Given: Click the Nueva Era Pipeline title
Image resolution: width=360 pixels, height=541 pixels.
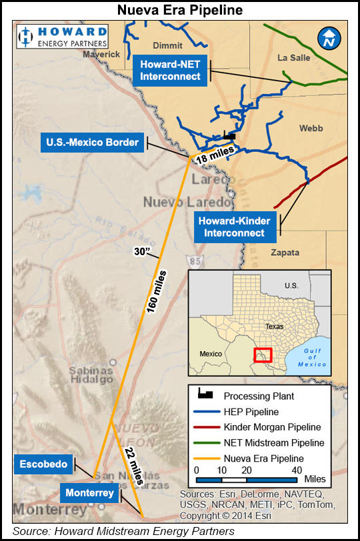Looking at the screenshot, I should (179, 10).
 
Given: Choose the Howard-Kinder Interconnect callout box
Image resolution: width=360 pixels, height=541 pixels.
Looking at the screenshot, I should (234, 227).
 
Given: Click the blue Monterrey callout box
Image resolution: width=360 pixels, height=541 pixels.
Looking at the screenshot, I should (90, 494).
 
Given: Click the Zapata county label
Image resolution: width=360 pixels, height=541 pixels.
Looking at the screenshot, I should (285, 253).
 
